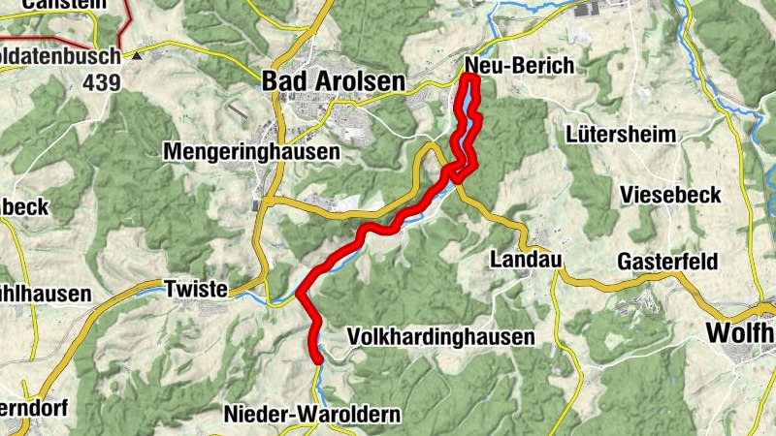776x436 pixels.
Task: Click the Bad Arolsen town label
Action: click(333, 82)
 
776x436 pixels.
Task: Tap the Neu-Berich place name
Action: click(520, 65)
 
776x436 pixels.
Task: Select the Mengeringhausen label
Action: click(251, 152)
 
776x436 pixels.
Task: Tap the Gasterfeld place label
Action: click(666, 263)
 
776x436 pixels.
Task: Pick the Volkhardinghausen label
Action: click(440, 337)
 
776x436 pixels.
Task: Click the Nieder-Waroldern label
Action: click(311, 414)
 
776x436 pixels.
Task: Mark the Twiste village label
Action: click(196, 289)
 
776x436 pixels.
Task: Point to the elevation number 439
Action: click(102, 82)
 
